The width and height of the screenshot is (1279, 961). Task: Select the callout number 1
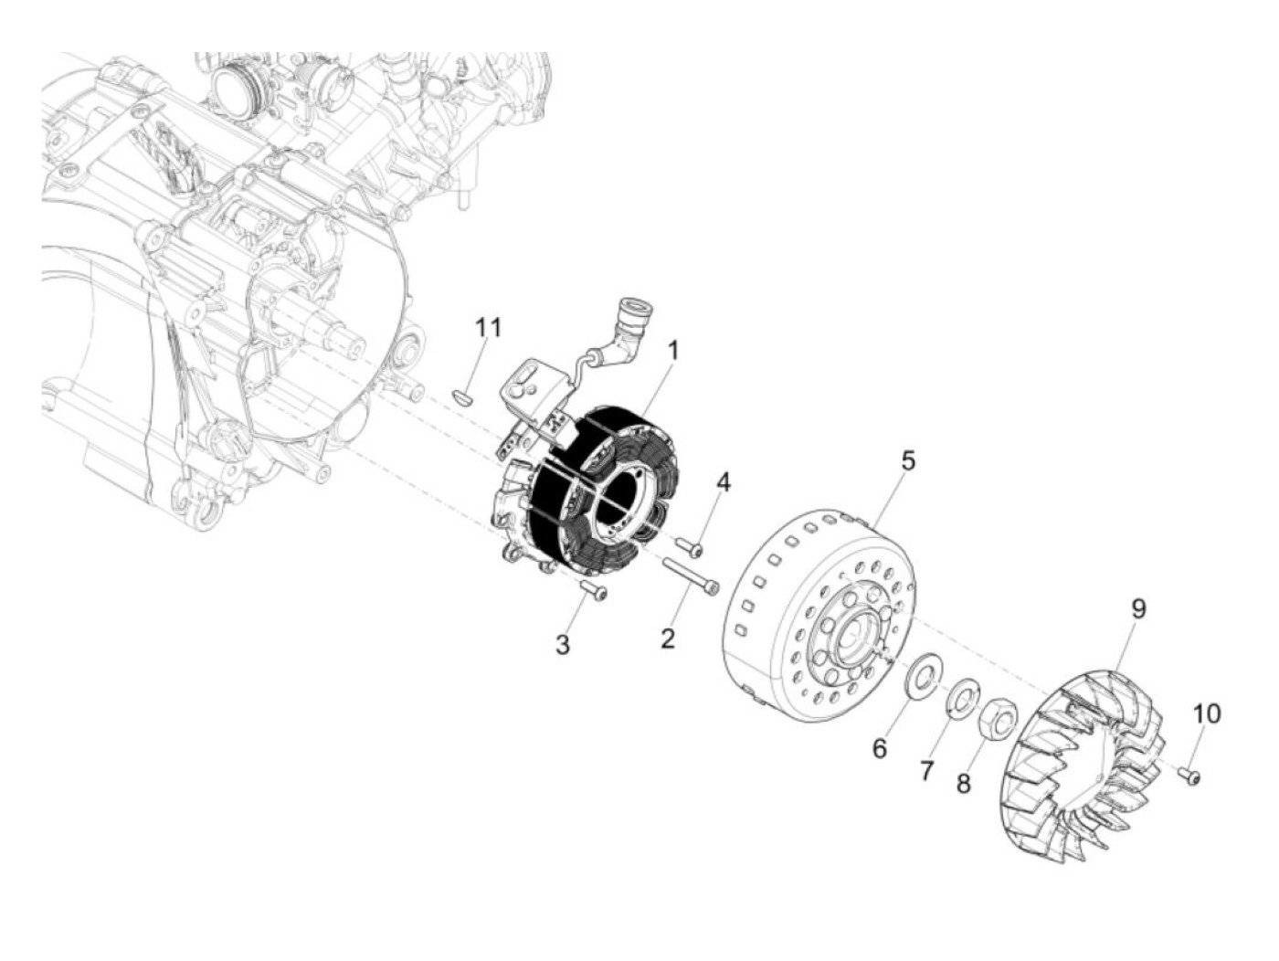pos(673,349)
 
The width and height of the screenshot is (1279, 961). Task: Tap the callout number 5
pos(907,460)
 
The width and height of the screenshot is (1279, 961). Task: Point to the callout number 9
pos(1138,608)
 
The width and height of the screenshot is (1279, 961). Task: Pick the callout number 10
pos(1206,713)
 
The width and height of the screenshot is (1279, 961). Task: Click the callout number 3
pos(563,645)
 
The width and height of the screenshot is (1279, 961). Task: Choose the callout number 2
pos(668,638)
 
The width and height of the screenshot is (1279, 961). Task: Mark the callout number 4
pos(723,481)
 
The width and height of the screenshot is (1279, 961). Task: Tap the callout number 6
pos(879,748)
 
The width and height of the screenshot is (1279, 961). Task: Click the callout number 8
pos(964,783)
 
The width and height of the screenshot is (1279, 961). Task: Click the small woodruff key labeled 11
pos(462,396)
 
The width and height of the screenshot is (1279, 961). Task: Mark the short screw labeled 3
pos(593,591)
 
